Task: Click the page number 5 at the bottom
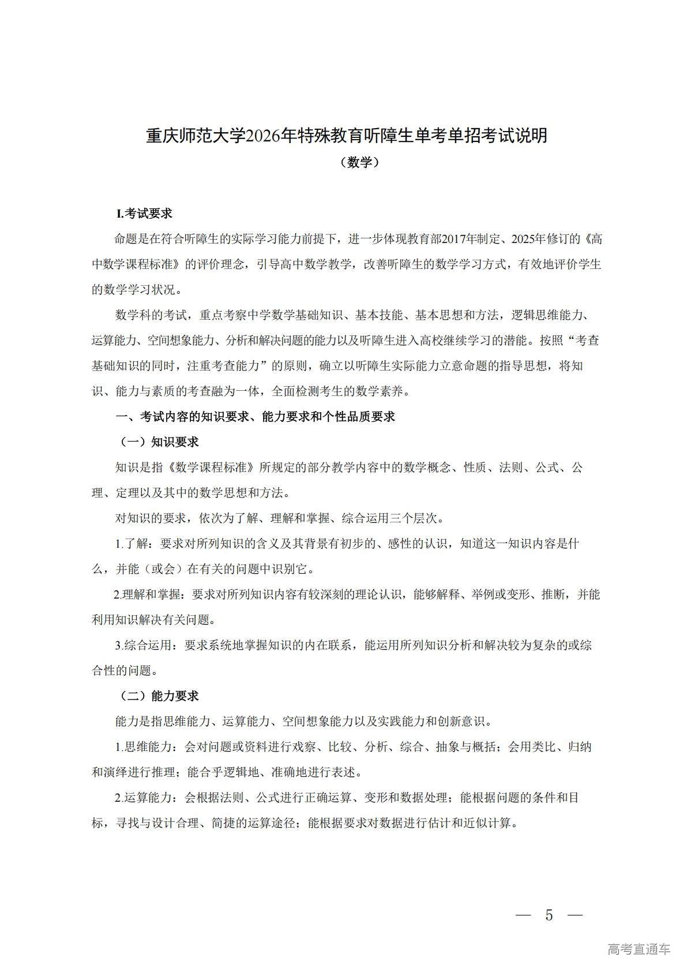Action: pos(549,915)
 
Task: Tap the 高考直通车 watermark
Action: pos(639,949)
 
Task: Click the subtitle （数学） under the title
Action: pos(359,163)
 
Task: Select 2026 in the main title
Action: pos(263,136)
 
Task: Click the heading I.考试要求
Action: pos(144,214)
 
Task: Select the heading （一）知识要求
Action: pos(159,442)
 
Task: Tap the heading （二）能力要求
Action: pos(159,696)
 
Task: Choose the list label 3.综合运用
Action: pos(144,645)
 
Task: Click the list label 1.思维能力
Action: pos(144,747)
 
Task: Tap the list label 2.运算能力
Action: pos(144,798)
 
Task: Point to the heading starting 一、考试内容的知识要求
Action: pos(256,417)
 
